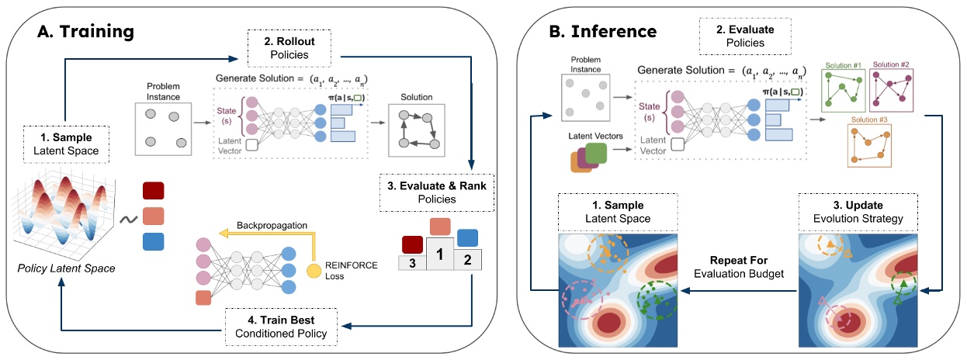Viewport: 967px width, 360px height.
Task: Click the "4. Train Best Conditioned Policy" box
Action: point(279,327)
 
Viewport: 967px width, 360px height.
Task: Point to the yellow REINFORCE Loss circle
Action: point(313,272)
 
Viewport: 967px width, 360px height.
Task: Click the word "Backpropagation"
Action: point(269,225)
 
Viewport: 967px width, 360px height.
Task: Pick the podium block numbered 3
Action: point(411,263)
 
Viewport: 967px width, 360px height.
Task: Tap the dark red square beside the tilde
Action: point(154,191)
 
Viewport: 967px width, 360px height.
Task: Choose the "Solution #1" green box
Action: point(844,90)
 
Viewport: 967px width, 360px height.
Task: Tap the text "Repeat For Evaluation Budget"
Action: point(739,267)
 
